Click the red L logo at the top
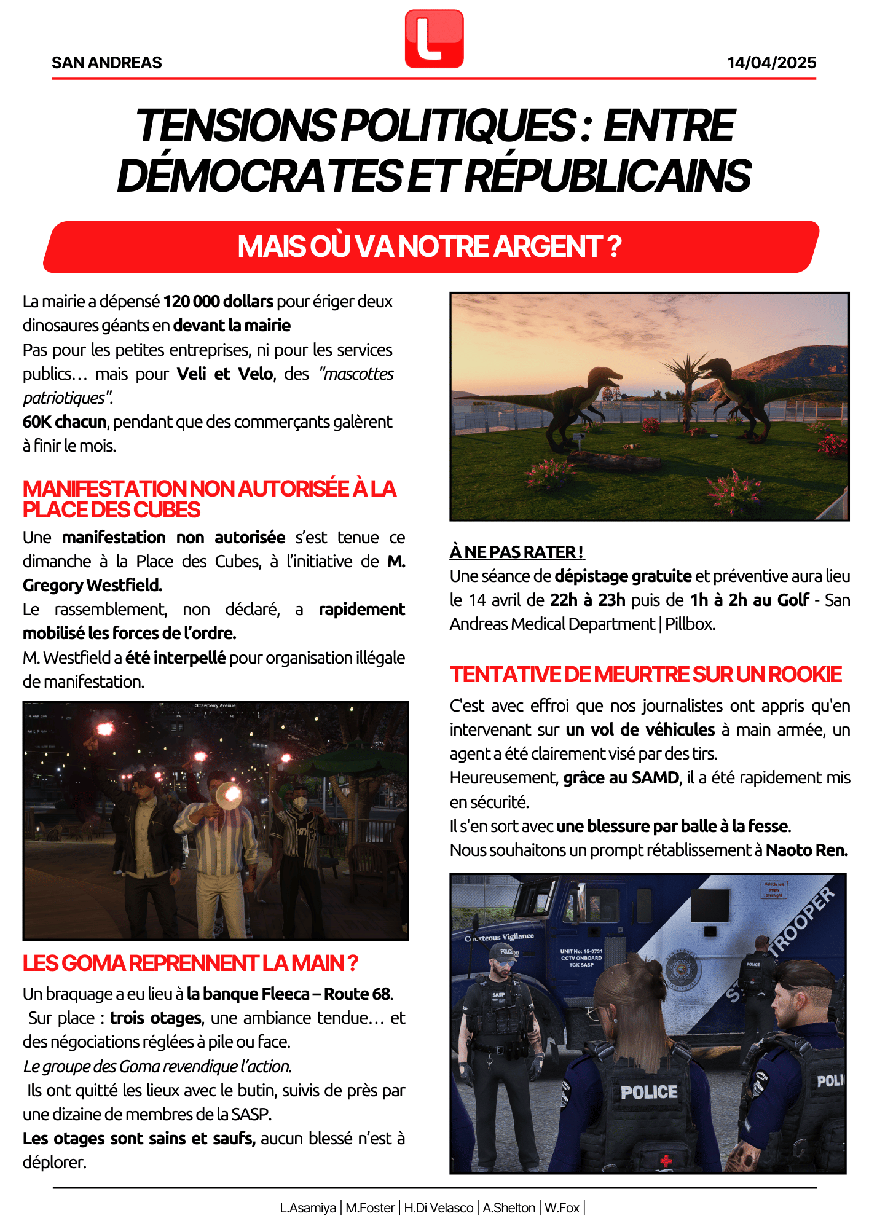434,39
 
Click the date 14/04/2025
771,63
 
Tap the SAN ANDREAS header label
107,63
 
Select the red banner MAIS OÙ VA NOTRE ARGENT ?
430,247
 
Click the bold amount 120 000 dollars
218,302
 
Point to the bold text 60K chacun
65,422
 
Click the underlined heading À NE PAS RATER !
517,552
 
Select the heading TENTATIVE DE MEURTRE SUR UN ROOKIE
645,675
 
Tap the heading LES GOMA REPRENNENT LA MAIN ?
190,963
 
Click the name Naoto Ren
806,850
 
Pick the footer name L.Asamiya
308,1208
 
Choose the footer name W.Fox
562,1208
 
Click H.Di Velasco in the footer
438,1208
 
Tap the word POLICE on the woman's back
648,1092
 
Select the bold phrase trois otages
155,1018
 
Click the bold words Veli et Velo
225,374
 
